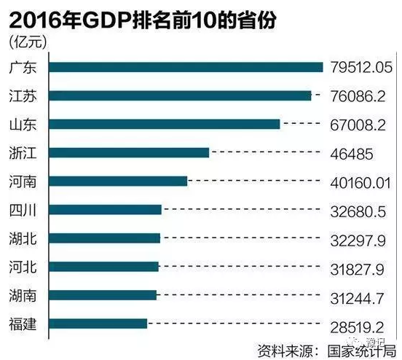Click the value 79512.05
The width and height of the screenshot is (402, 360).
tap(361, 68)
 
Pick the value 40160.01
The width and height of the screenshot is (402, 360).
tap(361, 181)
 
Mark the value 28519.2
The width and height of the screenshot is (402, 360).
tap(357, 324)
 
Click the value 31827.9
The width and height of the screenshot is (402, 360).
tap(357, 267)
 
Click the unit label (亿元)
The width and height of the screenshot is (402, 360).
tap(27, 43)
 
